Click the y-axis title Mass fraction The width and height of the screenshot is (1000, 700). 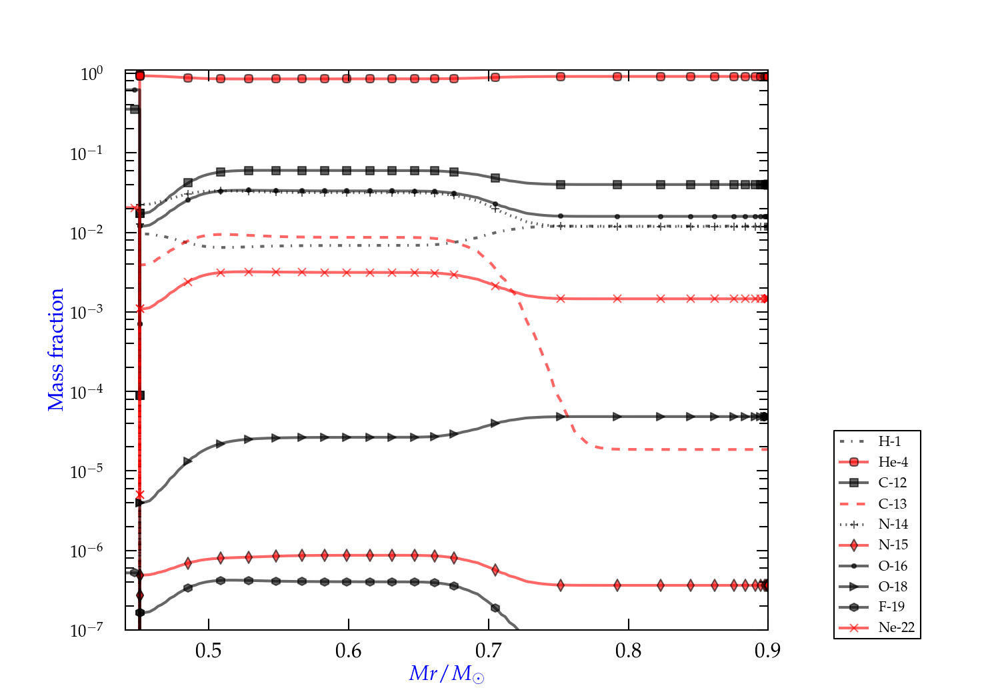click(x=56, y=349)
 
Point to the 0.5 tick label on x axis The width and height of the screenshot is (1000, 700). click(x=209, y=651)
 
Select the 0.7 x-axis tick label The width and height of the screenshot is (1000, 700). click(x=489, y=651)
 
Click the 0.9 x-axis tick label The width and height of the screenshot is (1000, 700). click(x=767, y=651)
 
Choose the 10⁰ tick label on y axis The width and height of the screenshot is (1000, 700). click(x=92, y=73)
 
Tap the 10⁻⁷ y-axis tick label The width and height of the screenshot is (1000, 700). click(x=87, y=630)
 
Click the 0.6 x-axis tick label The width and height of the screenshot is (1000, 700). click(x=349, y=651)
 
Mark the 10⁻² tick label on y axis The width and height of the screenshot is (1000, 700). click(x=87, y=232)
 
